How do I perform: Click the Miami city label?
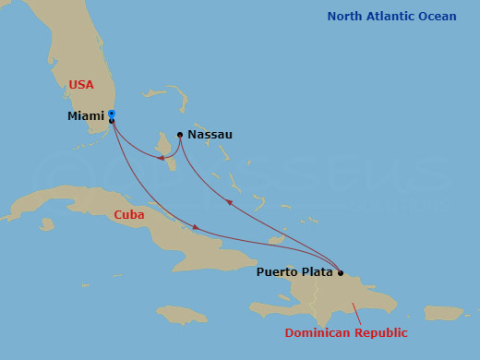coord(85,116)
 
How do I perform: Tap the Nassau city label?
coord(210,135)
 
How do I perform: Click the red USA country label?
coord(81,85)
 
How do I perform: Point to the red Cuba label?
coord(128,215)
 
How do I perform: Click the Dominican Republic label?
coord(345,332)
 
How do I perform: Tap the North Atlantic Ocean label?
coord(391,17)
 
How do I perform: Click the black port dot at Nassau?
coord(180,135)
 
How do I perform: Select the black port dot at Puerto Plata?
coord(341,273)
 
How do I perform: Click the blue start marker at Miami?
coord(111,114)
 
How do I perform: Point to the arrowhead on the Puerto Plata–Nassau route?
coord(228,201)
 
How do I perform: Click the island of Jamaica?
coord(181,314)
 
